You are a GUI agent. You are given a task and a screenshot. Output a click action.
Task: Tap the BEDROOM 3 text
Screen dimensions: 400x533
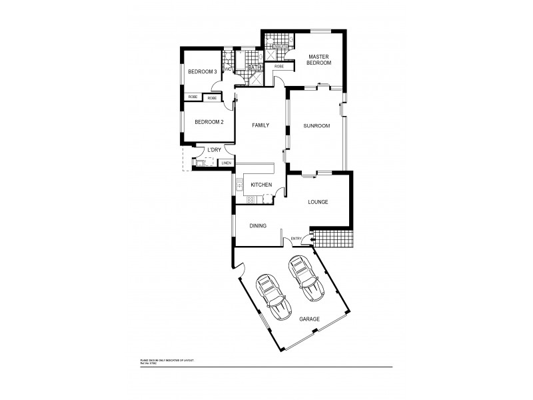click(x=202, y=72)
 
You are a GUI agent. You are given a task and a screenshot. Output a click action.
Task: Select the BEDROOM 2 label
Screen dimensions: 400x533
click(x=209, y=122)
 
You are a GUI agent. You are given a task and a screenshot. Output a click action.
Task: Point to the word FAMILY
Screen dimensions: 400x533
click(x=260, y=125)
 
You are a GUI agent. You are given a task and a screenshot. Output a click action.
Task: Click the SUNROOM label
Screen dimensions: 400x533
click(x=316, y=126)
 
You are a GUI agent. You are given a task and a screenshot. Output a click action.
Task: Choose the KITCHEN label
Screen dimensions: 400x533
click(x=261, y=184)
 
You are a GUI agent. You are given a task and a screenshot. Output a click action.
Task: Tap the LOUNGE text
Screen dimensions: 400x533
click(x=318, y=201)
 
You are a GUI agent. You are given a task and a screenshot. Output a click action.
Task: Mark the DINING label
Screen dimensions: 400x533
click(x=258, y=226)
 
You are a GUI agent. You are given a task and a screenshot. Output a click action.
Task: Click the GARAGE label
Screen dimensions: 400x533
click(x=308, y=319)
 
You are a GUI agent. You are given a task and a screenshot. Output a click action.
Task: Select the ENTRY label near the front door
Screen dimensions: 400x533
click(x=296, y=239)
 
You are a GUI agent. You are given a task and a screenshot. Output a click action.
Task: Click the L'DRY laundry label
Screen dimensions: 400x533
click(x=214, y=150)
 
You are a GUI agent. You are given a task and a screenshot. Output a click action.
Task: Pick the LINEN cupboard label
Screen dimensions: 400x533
click(x=227, y=163)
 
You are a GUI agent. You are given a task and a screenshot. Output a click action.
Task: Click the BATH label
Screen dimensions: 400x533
click(x=253, y=68)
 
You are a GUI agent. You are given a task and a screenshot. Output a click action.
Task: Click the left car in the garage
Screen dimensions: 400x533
click(x=272, y=297)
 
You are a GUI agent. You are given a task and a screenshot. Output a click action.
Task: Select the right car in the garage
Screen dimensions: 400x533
click(x=305, y=279)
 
